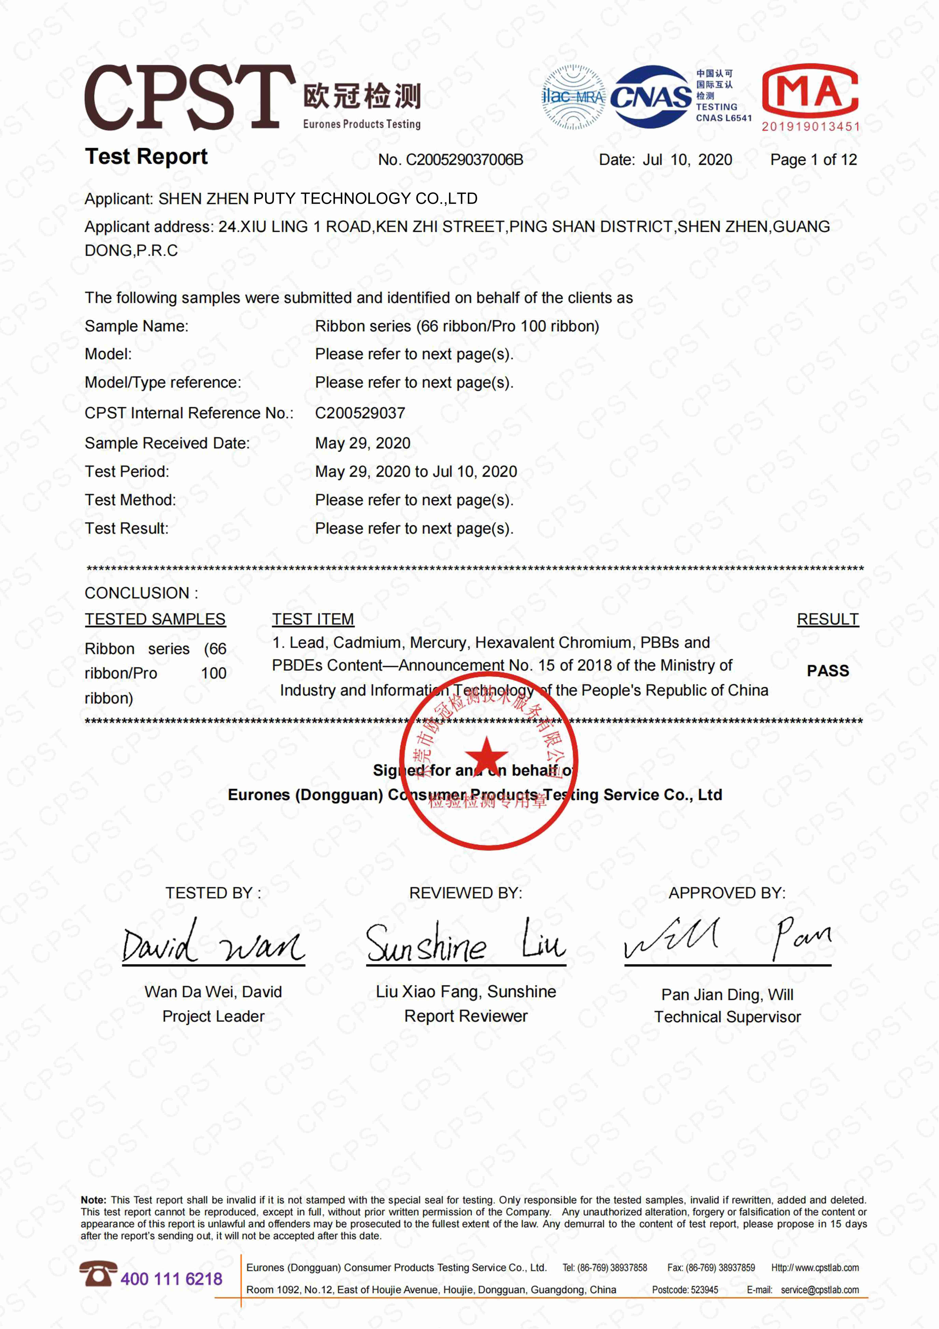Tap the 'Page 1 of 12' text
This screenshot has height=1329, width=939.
coord(813,160)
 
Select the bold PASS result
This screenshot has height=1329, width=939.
coord(827,671)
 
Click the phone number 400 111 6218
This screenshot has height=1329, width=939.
coord(171,1279)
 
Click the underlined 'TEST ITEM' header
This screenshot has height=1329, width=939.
coord(313,619)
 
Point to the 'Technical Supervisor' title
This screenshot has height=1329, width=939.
coord(727,1017)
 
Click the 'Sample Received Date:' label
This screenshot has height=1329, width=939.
coord(167,443)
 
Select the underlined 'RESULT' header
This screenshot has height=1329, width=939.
coord(827,619)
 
